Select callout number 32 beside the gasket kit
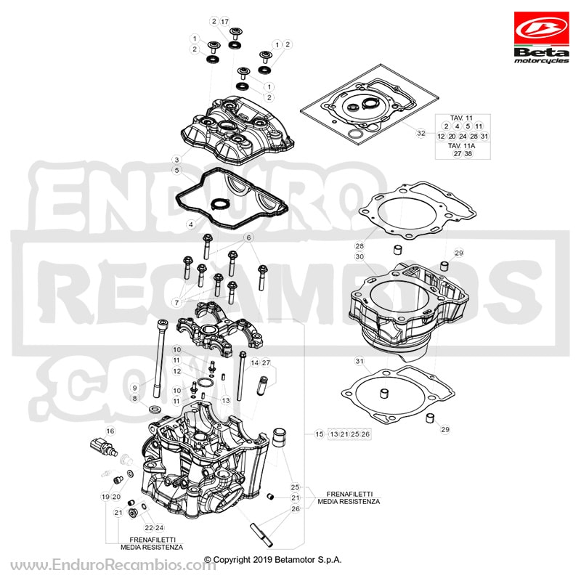pyautogui.click(x=421, y=133)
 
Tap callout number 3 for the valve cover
pyautogui.click(x=176, y=160)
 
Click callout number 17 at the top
pyautogui.click(x=225, y=22)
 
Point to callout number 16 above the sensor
pyautogui.click(x=110, y=431)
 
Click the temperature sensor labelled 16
pyautogui.click(x=104, y=447)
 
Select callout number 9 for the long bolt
pyautogui.click(x=134, y=388)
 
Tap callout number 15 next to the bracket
pyautogui.click(x=320, y=434)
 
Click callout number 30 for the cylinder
pyautogui.click(x=359, y=256)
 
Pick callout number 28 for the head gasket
pyautogui.click(x=359, y=245)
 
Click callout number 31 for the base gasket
pyautogui.click(x=359, y=361)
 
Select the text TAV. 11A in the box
pyautogui.click(x=461, y=145)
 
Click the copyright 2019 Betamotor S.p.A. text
pyautogui.click(x=273, y=559)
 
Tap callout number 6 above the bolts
pyautogui.click(x=248, y=237)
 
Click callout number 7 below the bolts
pyautogui.click(x=176, y=302)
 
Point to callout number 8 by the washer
pyautogui.click(x=134, y=399)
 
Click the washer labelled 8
pyautogui.click(x=155, y=410)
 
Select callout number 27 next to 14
pyautogui.click(x=266, y=362)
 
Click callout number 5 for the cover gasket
pyautogui.click(x=176, y=170)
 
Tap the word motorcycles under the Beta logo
pyautogui.click(x=541, y=60)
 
